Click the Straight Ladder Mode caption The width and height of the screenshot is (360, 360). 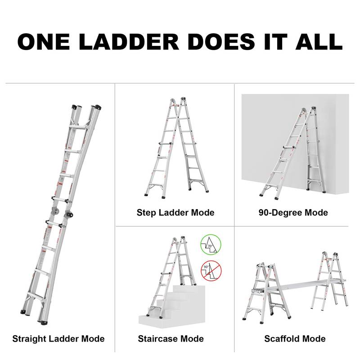(58, 339)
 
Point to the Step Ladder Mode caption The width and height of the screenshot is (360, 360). (175, 212)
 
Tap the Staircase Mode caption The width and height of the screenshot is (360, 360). (171, 339)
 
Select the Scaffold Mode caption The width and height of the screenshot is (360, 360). (295, 339)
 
